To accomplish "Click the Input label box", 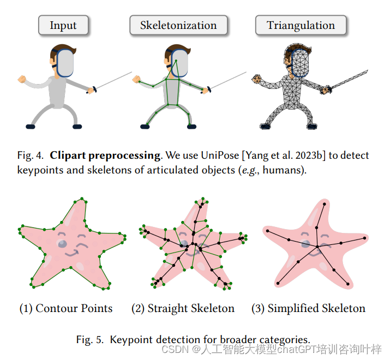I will [63, 26].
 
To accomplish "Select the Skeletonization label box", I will [178, 26].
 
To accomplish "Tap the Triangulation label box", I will [301, 26].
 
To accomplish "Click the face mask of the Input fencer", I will [64, 62].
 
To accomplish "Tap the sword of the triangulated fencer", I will [352, 80].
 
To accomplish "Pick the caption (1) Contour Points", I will [66, 308].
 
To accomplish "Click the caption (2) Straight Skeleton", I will [183, 308].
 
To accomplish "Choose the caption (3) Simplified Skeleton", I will [308, 308].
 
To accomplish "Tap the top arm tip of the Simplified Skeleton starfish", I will [326, 205].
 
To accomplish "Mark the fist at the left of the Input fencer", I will [22, 79].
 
